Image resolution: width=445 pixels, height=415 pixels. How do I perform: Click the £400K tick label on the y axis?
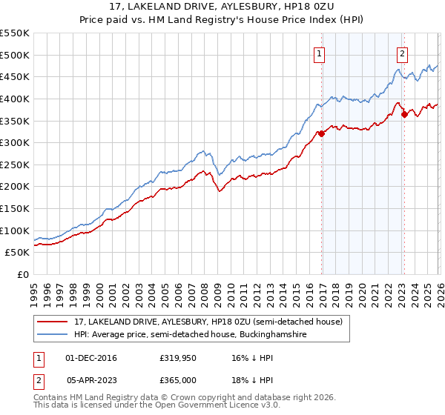pyautogui.click(x=14, y=99)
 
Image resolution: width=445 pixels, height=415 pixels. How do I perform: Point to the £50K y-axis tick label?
pyautogui.click(x=17, y=253)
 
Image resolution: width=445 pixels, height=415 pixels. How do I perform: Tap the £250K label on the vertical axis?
pyautogui.click(x=14, y=165)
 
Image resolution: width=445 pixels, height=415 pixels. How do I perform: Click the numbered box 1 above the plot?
pyautogui.click(x=319, y=53)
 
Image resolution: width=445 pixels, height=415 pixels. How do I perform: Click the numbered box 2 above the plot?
pyautogui.click(x=402, y=53)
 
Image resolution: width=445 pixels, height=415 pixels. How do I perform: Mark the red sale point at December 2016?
pyautogui.click(x=321, y=134)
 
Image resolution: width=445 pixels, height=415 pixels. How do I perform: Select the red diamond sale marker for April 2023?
pyautogui.click(x=404, y=114)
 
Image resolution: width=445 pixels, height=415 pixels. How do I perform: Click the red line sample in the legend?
pyautogui.click(x=54, y=322)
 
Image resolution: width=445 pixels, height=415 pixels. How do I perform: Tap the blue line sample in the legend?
pyautogui.click(x=54, y=336)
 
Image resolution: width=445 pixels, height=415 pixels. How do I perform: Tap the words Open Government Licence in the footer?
pyautogui.click(x=211, y=407)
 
